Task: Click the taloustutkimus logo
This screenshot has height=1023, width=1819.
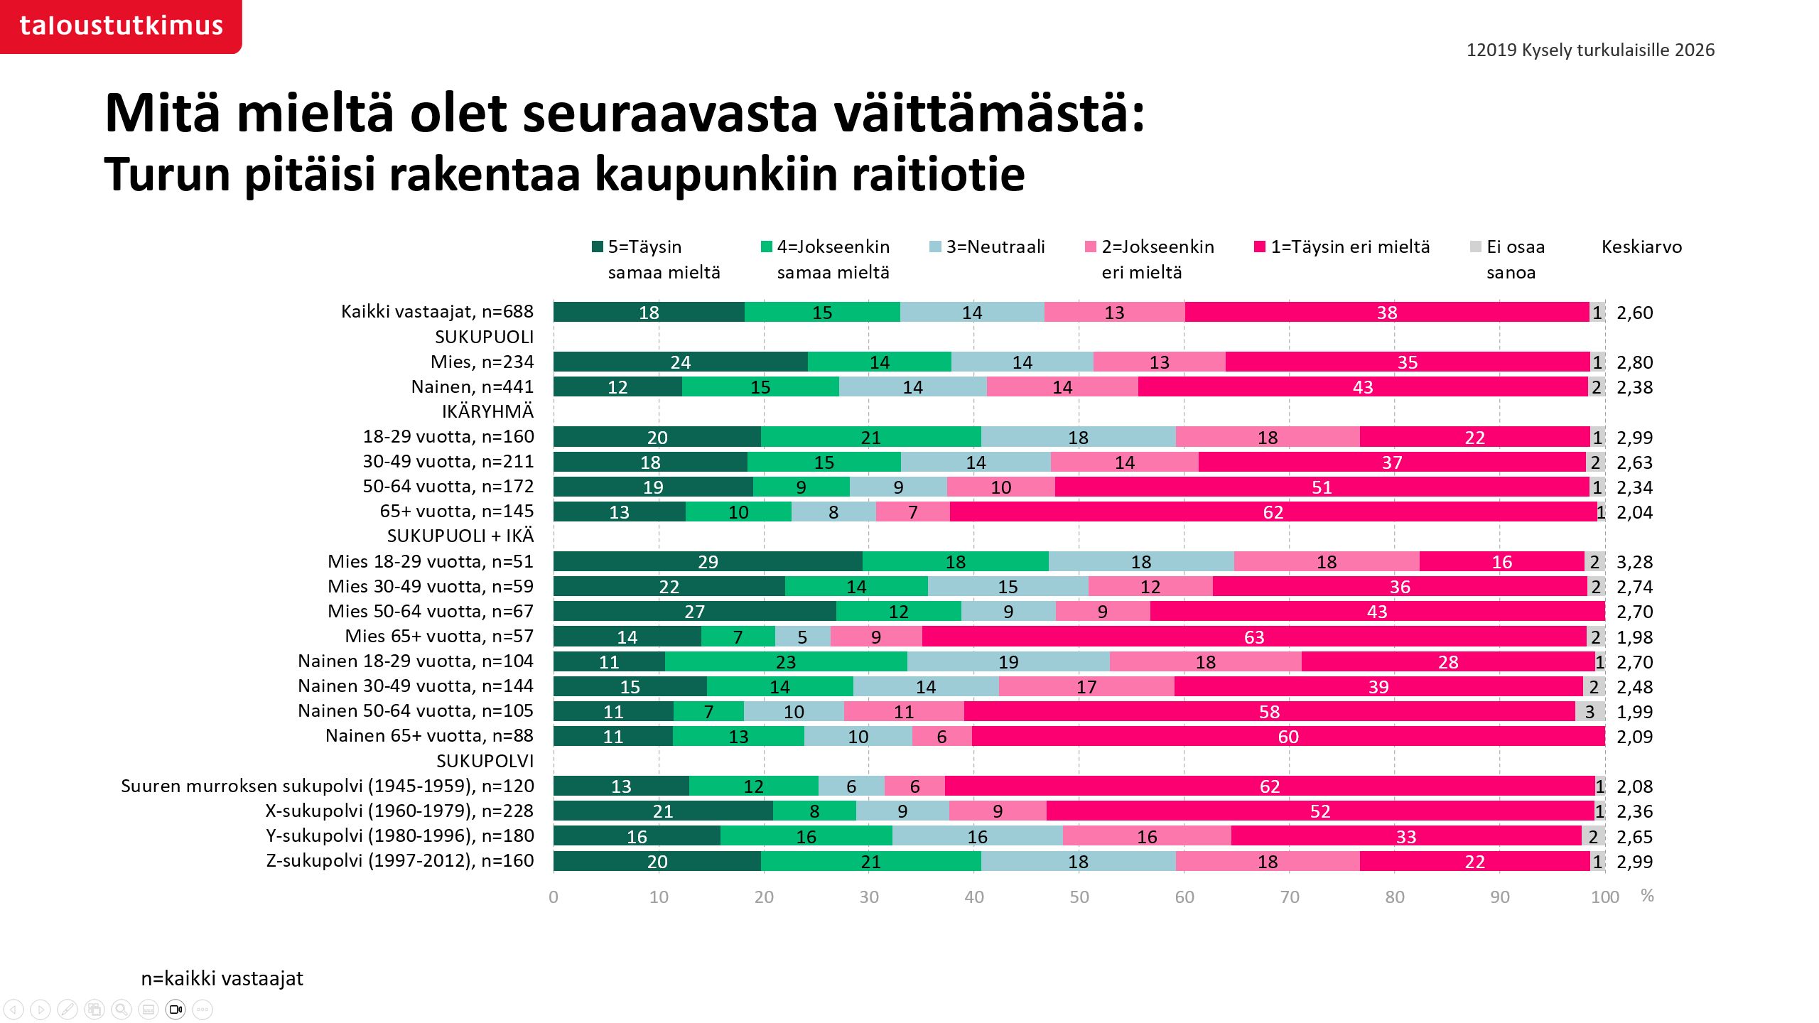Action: pyautogui.click(x=121, y=26)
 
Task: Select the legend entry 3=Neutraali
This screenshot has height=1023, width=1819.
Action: pyautogui.click(x=995, y=247)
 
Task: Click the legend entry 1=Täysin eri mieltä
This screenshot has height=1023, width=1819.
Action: pyautogui.click(x=1349, y=247)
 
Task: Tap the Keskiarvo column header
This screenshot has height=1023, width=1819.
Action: pyautogui.click(x=1641, y=247)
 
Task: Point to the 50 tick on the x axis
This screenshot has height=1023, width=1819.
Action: pyautogui.click(x=1079, y=897)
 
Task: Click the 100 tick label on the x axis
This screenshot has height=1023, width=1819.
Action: pyautogui.click(x=1604, y=897)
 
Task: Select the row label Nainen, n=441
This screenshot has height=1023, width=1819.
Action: pyautogui.click(x=472, y=386)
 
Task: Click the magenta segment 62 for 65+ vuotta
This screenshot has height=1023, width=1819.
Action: pyautogui.click(x=1273, y=511)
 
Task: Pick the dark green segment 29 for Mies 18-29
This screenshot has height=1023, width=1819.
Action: pyautogui.click(x=708, y=561)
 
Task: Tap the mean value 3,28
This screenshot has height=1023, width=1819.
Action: pyautogui.click(x=1634, y=561)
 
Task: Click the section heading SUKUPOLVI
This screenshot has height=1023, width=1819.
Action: pyautogui.click(x=485, y=761)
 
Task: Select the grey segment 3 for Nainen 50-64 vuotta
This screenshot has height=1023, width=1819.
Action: pyautogui.click(x=1589, y=711)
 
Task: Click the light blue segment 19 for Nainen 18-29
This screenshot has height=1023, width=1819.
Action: pyautogui.click(x=1008, y=661)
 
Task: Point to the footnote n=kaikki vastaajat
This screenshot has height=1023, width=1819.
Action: pyautogui.click(x=222, y=978)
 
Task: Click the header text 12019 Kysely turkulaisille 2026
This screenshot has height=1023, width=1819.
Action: pyautogui.click(x=1590, y=50)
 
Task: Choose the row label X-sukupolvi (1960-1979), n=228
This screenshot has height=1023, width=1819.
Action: pyautogui.click(x=399, y=811)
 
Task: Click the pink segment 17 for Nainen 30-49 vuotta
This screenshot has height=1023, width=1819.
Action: pyautogui.click(x=1086, y=686)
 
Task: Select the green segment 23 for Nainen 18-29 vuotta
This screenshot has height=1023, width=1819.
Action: pyautogui.click(x=785, y=661)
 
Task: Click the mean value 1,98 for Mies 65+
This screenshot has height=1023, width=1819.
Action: pyautogui.click(x=1634, y=637)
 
